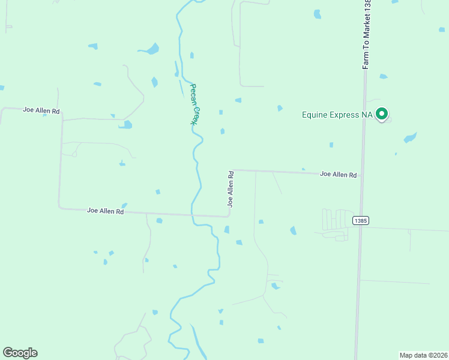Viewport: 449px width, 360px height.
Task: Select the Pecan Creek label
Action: (x=194, y=103)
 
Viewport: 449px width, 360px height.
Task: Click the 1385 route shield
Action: (x=361, y=221)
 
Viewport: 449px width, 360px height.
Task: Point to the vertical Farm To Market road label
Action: (x=367, y=35)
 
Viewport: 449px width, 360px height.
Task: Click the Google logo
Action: (x=20, y=353)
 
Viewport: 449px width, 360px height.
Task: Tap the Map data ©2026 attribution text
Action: (x=423, y=355)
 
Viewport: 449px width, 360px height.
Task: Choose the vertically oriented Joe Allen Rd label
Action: (x=230, y=189)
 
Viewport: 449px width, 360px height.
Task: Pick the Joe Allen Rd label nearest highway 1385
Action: (x=338, y=175)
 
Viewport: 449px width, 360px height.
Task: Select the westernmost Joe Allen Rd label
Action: (x=41, y=110)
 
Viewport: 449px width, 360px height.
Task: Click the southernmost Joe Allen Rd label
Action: (x=105, y=211)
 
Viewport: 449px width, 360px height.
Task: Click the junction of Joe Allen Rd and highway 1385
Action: (x=361, y=175)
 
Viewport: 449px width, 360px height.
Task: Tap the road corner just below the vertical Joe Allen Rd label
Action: (x=229, y=215)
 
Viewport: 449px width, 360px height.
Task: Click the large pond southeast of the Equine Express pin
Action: (x=410, y=138)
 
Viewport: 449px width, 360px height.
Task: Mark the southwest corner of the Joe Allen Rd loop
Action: (x=59, y=208)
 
